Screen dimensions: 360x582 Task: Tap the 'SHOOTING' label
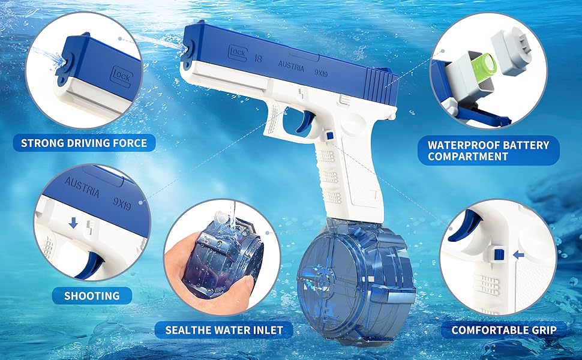click(92, 295)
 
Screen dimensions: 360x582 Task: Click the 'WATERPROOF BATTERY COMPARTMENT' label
click(488, 151)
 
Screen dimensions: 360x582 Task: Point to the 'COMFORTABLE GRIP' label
click(504, 330)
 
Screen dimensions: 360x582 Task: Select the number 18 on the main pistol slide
click(257, 59)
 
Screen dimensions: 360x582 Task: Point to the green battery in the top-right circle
click(484, 64)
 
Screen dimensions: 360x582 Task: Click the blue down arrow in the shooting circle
click(73, 223)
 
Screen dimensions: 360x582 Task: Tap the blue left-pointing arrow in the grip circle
click(520, 255)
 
